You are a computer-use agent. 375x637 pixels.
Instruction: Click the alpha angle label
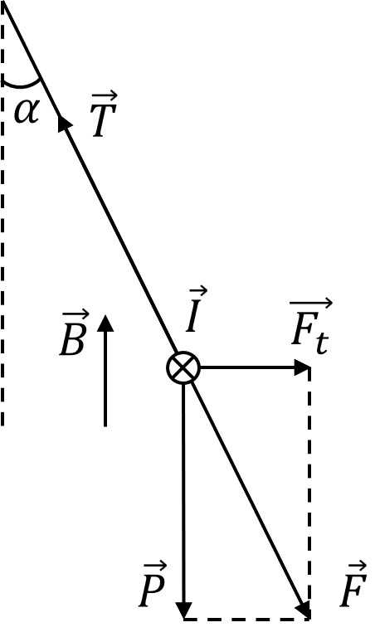27,111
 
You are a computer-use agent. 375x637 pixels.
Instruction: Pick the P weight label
153,584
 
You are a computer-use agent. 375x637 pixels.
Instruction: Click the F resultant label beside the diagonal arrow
353,584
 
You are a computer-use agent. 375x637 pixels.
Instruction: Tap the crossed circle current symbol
183,367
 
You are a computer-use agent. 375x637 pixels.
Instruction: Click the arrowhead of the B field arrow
105,323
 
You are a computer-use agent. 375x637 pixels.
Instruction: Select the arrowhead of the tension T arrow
64,121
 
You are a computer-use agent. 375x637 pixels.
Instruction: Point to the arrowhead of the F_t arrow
302,367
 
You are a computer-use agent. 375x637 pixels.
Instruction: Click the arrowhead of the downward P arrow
184,610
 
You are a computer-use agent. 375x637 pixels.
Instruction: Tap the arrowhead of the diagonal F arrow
304,610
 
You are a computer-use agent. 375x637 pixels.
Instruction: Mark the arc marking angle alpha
22,85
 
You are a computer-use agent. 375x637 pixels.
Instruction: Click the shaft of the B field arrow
105,379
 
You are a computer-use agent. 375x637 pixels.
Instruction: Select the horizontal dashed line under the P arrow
247,619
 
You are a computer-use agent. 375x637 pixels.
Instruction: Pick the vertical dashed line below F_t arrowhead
309,494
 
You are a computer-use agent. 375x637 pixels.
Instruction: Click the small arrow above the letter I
198,291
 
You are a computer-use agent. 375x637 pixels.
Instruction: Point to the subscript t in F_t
322,343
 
